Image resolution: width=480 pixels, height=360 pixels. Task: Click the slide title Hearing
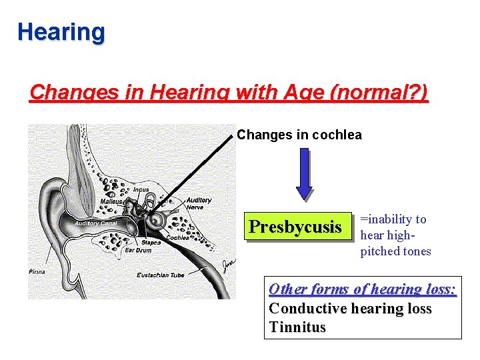click(x=61, y=31)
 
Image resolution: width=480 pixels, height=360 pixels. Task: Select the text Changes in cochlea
click(x=299, y=135)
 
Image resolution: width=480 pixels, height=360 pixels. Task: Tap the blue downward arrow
click(x=304, y=173)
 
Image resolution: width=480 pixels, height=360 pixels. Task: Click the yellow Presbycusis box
click(x=295, y=227)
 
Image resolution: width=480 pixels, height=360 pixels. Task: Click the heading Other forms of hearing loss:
click(x=362, y=289)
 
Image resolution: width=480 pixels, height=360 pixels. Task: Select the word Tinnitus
click(x=297, y=327)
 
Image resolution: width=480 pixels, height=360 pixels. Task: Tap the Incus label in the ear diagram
click(x=141, y=189)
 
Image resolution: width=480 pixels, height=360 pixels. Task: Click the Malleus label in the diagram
click(x=111, y=201)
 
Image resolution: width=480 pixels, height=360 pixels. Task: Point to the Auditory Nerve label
click(x=199, y=203)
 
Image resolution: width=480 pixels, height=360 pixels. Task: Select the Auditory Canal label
click(x=96, y=223)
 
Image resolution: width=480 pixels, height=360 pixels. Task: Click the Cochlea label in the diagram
click(x=177, y=237)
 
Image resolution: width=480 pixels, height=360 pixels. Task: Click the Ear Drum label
click(x=138, y=251)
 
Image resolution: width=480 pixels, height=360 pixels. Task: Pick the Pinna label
click(x=37, y=271)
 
